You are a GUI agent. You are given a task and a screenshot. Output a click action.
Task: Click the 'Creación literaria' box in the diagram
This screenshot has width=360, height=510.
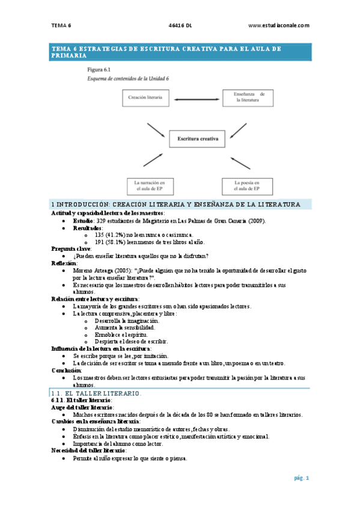click(x=148, y=96)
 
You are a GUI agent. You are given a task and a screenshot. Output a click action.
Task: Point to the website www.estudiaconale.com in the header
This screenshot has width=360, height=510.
click(x=278, y=25)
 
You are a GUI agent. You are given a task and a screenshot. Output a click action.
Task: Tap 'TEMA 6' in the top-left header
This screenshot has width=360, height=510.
click(x=61, y=25)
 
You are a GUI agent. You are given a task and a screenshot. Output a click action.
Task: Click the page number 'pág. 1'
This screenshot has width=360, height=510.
click(x=301, y=478)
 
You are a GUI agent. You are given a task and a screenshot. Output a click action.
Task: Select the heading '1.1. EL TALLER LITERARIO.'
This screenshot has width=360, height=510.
click(x=96, y=393)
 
